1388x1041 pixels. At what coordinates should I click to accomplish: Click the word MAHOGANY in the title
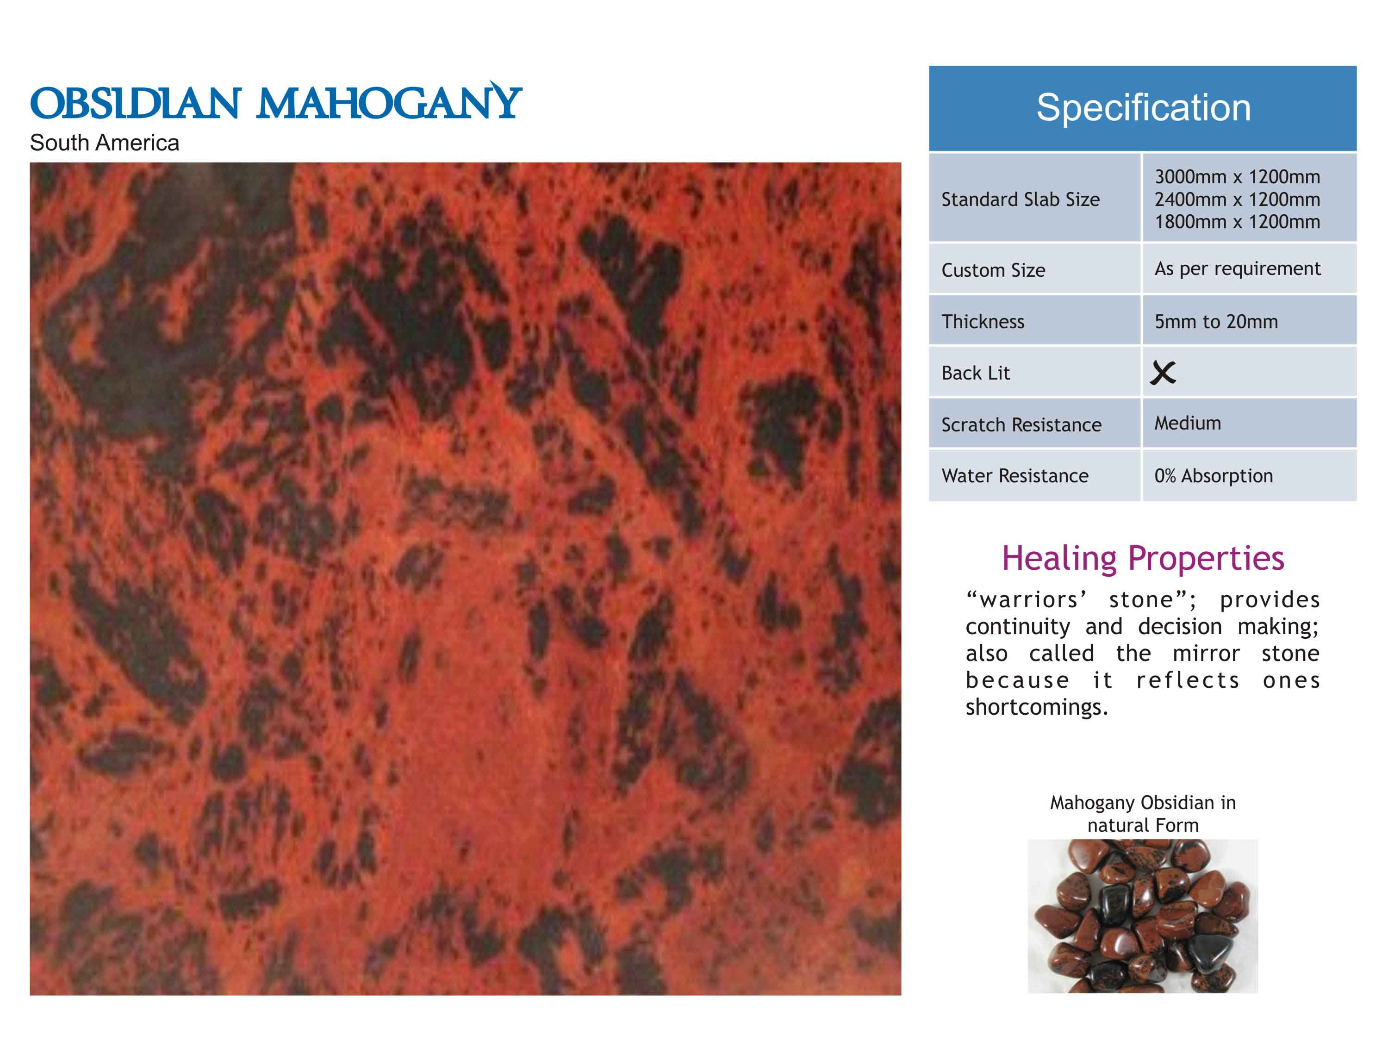[390, 100]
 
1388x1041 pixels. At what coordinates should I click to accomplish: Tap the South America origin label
[104, 143]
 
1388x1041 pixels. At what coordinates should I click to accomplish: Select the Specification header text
[1143, 107]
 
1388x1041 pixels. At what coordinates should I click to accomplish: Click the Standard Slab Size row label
[1021, 199]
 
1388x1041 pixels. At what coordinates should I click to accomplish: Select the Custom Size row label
[993, 270]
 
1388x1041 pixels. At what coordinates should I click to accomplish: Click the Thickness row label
[983, 321]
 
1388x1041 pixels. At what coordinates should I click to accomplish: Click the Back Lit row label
[976, 373]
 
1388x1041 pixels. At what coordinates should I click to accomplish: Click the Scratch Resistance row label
[1021, 425]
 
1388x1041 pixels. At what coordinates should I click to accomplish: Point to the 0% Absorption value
[1214, 476]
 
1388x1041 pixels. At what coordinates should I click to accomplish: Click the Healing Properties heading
[1143, 558]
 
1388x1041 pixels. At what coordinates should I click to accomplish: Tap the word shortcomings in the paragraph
[1037, 707]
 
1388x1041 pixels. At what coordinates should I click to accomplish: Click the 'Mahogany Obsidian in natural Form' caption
[1143, 813]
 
